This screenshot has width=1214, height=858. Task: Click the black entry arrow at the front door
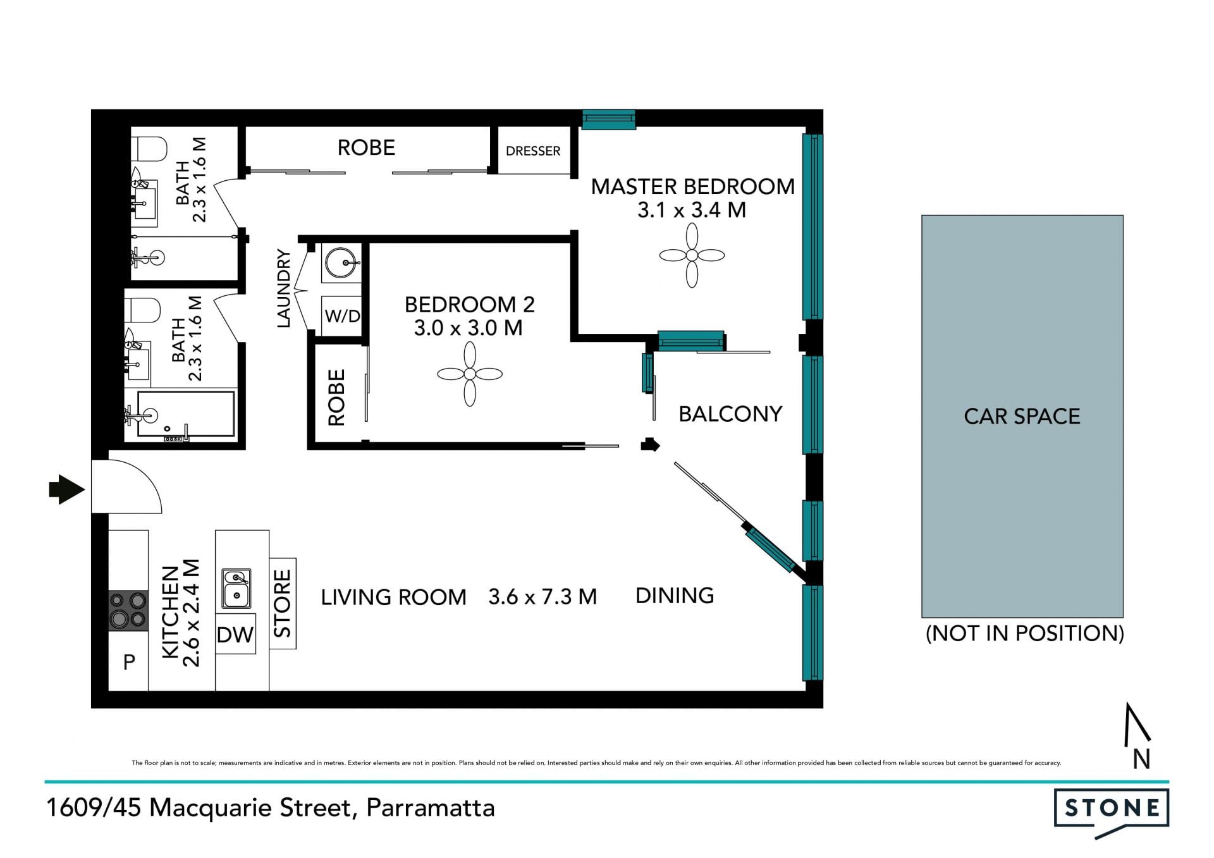[66, 489]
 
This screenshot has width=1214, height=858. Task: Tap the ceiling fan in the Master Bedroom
[692, 255]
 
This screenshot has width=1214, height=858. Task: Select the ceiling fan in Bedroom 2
[470, 374]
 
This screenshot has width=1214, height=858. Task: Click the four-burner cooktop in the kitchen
[128, 610]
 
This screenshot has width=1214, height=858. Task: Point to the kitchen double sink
[236, 589]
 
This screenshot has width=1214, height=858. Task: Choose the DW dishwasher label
[235, 635]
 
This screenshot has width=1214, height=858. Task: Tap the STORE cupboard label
[282, 603]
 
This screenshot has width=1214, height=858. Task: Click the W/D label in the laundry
[343, 316]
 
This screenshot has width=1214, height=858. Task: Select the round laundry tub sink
[342, 262]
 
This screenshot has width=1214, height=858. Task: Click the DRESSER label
[533, 151]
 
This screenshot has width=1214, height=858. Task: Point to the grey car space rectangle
[1022, 416]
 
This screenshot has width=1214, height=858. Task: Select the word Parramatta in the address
[431, 809]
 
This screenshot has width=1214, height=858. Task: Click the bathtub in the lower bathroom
[186, 414]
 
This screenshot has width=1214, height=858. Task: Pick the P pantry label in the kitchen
[129, 662]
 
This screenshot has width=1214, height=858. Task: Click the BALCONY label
[730, 414]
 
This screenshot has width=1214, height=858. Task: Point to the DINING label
[675, 596]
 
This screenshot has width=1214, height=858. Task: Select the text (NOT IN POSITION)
[1025, 634]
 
